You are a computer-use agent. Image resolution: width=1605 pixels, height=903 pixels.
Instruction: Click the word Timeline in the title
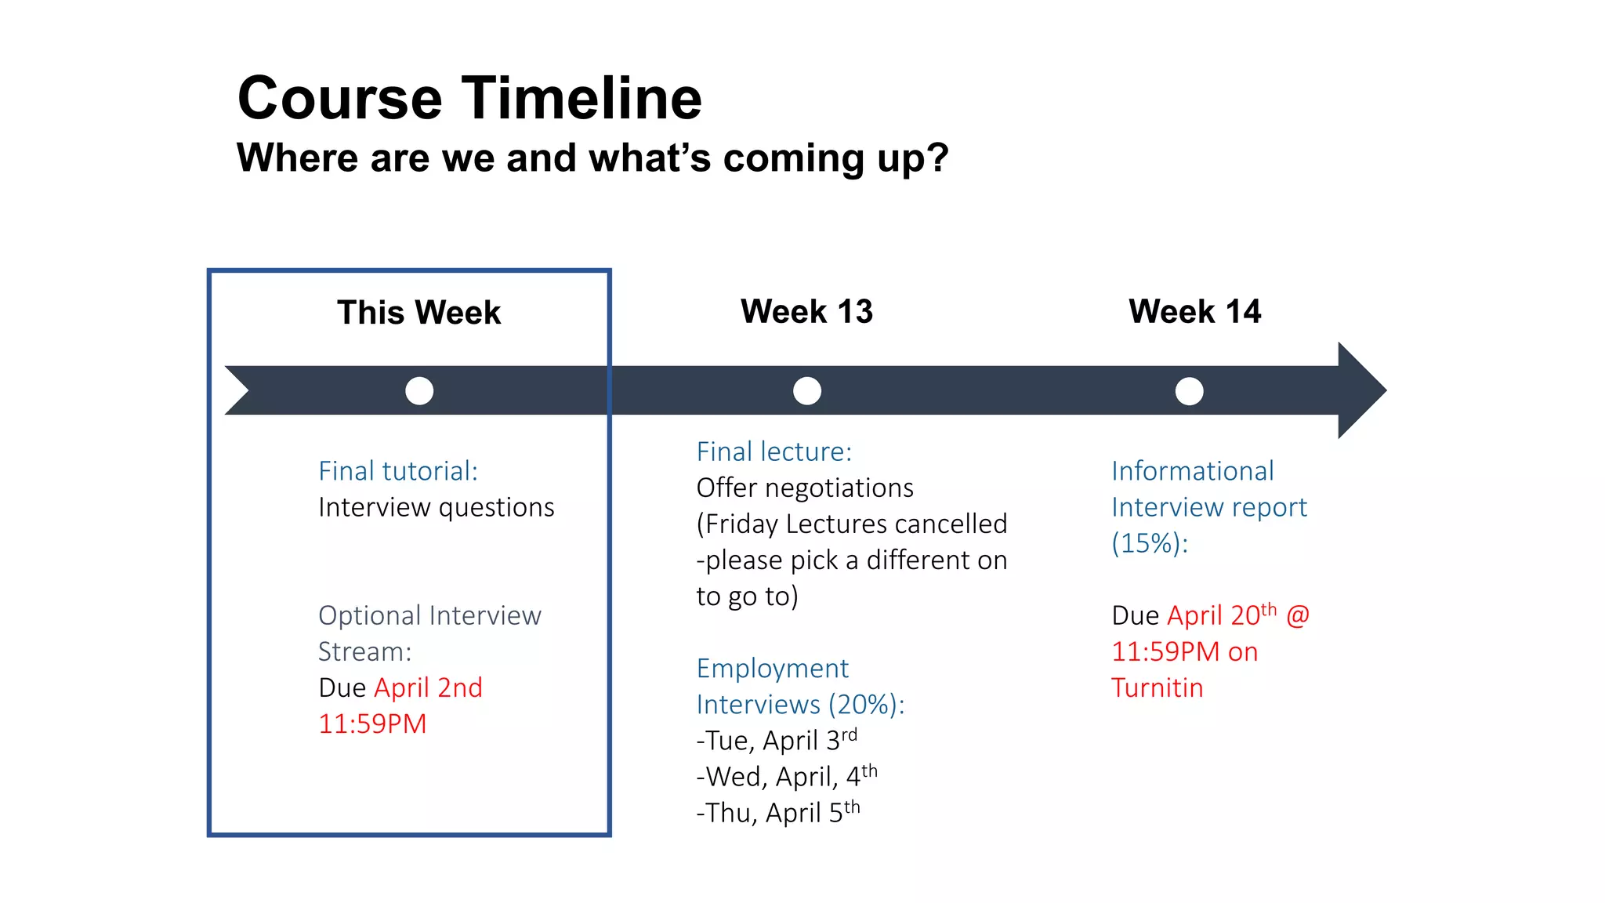click(x=581, y=99)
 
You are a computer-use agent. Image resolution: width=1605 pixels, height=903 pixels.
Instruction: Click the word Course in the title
click(x=340, y=99)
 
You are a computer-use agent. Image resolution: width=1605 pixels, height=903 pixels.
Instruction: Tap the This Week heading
click(x=418, y=312)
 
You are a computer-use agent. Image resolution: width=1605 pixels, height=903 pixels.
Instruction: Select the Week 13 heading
click(x=806, y=311)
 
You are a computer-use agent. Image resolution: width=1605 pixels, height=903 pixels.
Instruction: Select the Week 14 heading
click(x=1194, y=311)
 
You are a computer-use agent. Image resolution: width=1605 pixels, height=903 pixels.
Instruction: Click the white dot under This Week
click(x=419, y=390)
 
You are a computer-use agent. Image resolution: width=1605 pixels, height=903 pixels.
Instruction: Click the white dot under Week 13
click(x=806, y=390)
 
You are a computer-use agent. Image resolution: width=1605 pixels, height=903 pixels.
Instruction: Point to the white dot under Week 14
click(x=1189, y=390)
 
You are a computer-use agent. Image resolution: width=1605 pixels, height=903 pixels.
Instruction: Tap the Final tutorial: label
click(x=397, y=471)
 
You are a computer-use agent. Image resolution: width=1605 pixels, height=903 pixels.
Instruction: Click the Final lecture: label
click(x=774, y=451)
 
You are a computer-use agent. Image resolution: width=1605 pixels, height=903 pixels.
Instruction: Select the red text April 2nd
click(x=428, y=687)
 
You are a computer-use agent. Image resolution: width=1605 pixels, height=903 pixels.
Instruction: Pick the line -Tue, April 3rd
click(x=776, y=740)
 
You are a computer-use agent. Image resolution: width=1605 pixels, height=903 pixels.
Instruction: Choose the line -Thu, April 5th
click(x=777, y=812)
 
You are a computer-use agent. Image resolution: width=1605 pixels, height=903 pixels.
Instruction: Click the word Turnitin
click(x=1157, y=687)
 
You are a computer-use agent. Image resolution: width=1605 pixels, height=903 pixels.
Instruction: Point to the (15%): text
click(x=1150, y=543)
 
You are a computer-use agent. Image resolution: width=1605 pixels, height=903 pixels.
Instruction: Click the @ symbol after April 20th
click(x=1298, y=615)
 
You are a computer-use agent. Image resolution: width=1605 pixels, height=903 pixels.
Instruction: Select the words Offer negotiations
click(x=805, y=488)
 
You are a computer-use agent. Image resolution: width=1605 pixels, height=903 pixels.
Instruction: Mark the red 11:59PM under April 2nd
click(x=372, y=723)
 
